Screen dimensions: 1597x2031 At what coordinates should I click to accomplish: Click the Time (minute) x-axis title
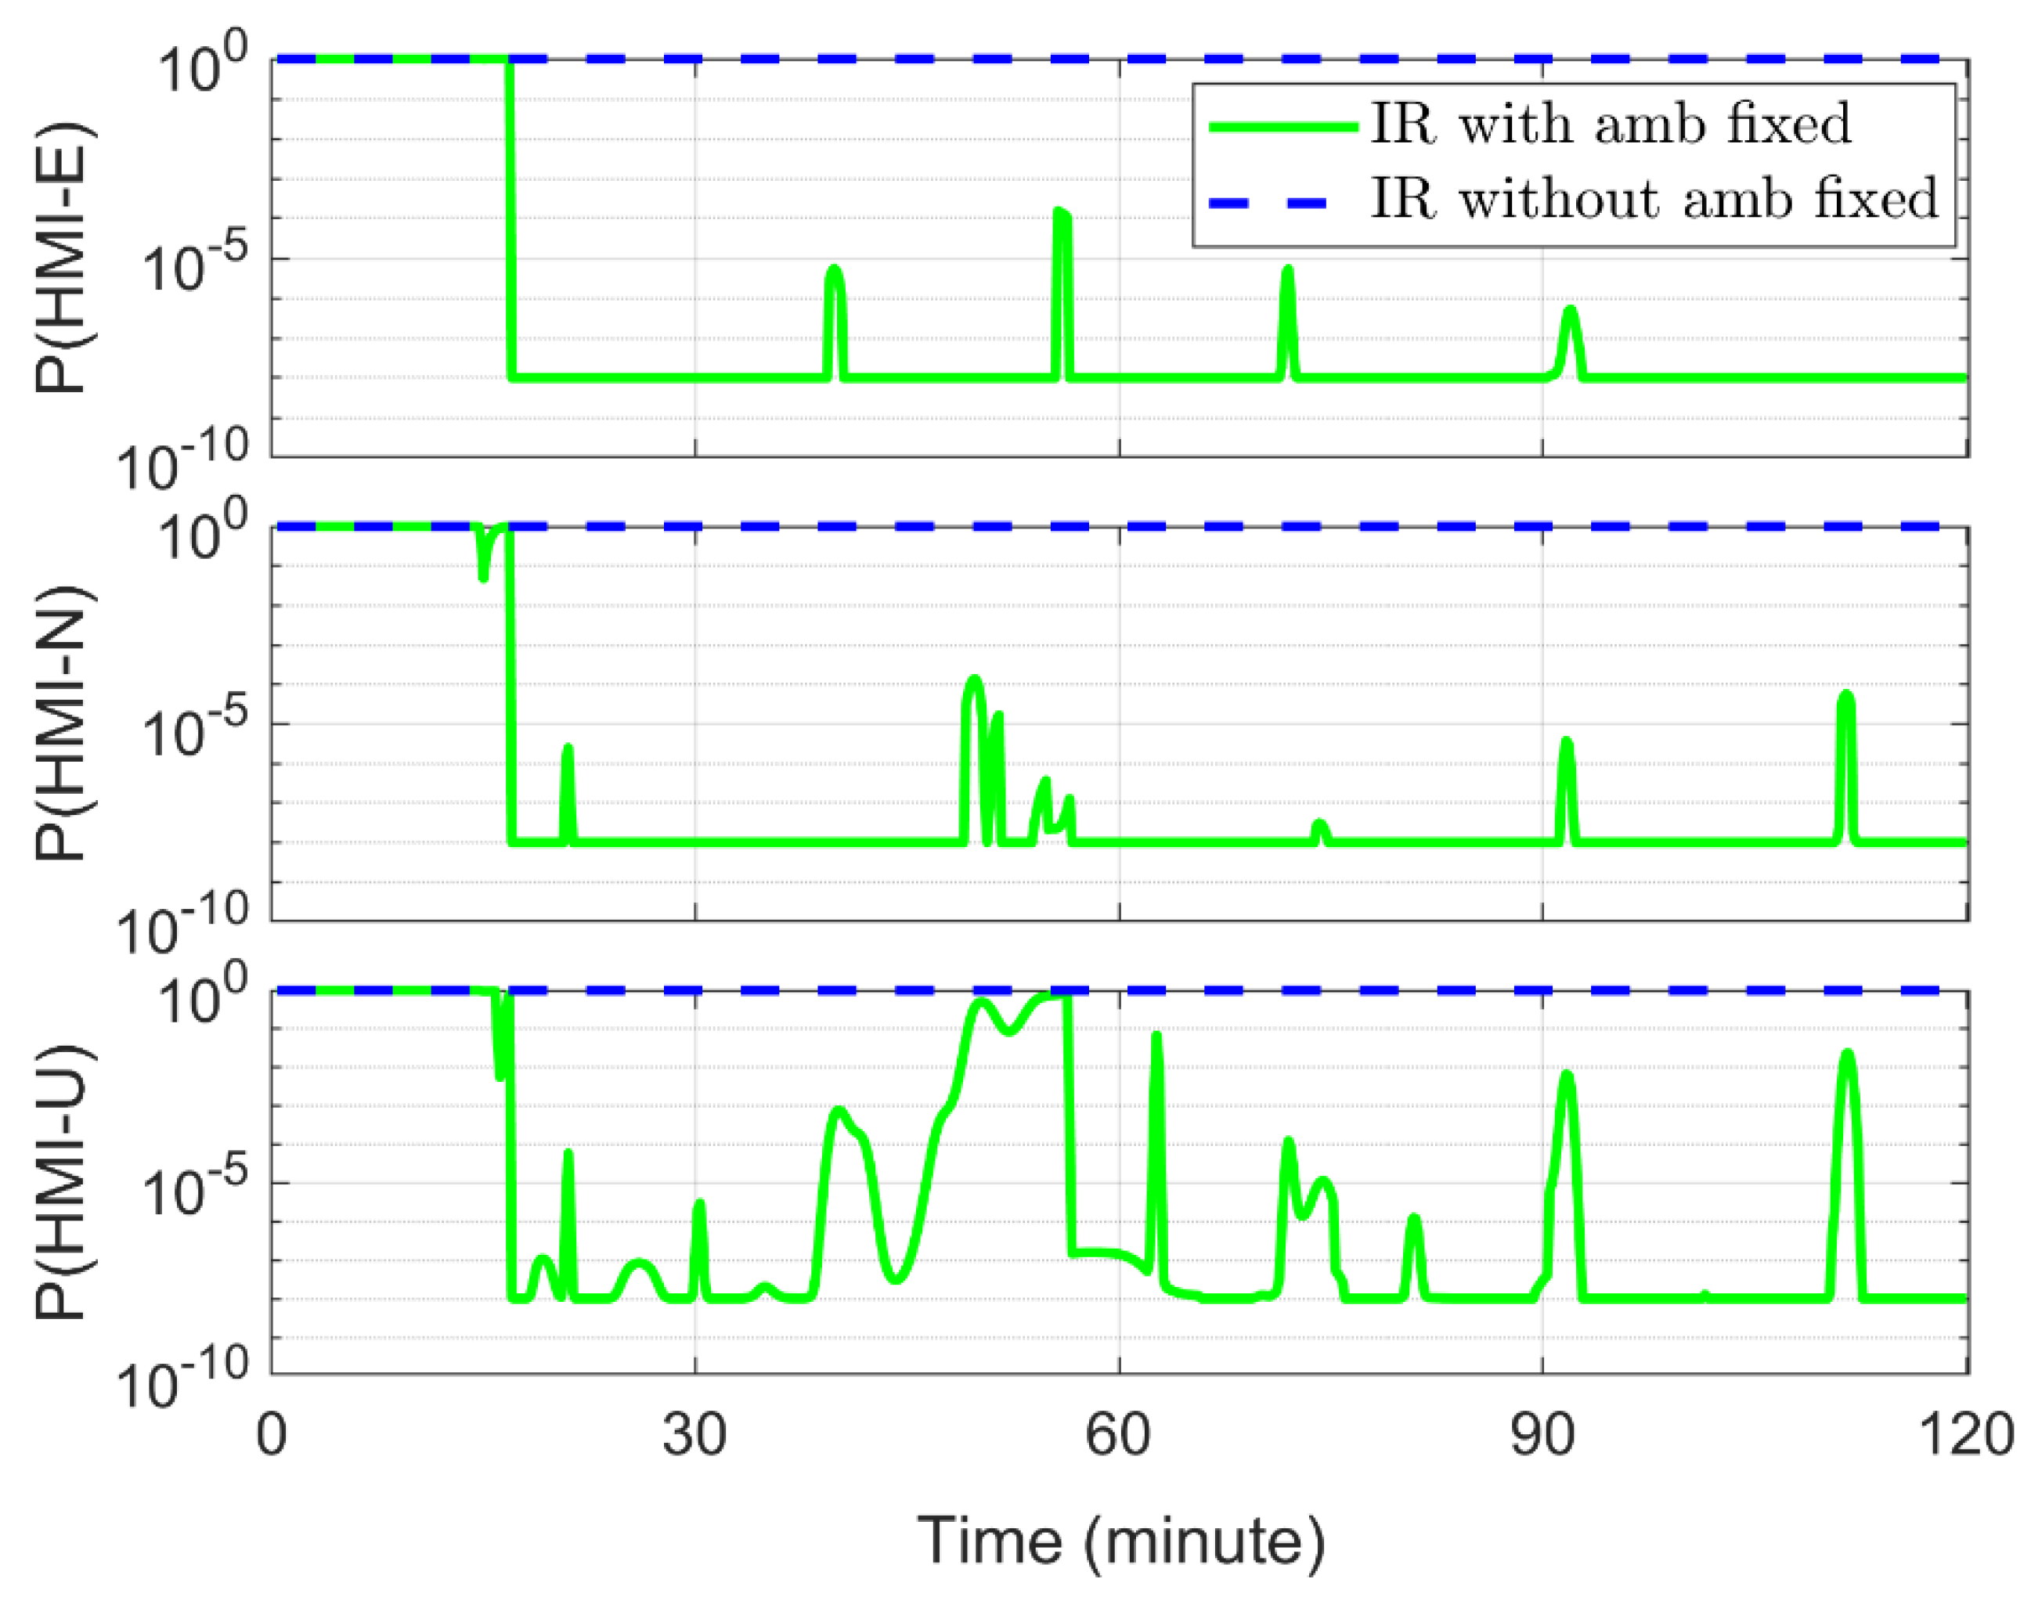pos(1120,1539)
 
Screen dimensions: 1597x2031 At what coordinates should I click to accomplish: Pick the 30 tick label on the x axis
pos(694,1434)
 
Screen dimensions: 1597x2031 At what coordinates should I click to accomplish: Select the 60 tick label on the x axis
pos(1118,1434)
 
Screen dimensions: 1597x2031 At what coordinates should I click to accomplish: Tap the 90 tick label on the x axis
pos(1542,1434)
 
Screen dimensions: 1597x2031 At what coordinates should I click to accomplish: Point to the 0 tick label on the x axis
pos(271,1434)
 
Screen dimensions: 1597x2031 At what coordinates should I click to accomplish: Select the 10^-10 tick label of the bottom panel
pos(183,1381)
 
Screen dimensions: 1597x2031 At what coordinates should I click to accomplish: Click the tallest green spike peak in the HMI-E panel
pos(1060,213)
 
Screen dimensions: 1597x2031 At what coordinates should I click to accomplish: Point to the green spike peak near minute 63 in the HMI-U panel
pos(1156,1036)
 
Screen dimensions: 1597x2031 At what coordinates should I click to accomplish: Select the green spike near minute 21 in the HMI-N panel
pos(567,748)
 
